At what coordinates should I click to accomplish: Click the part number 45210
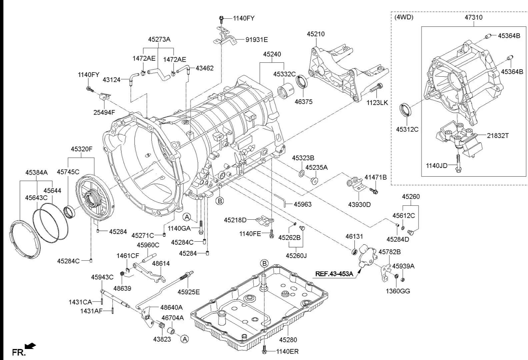click(316, 34)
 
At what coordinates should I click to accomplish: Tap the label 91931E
click(257, 40)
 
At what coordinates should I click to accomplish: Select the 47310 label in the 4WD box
click(473, 17)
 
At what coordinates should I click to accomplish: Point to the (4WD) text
click(404, 17)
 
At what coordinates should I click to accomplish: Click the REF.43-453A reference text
click(334, 274)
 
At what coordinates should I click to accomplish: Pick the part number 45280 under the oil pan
click(288, 340)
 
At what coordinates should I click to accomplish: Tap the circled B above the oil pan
click(264, 264)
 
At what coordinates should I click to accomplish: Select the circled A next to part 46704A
click(184, 339)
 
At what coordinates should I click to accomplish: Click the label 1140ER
click(287, 351)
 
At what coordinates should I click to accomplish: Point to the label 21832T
click(498, 136)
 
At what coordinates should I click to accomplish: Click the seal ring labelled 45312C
click(405, 110)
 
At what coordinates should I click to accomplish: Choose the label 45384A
click(37, 172)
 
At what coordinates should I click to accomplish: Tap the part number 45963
click(302, 204)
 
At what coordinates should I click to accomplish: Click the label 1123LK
click(377, 103)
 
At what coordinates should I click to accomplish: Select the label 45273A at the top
click(159, 39)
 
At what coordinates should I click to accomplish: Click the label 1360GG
click(398, 291)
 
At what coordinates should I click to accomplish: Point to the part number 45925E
click(189, 292)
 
